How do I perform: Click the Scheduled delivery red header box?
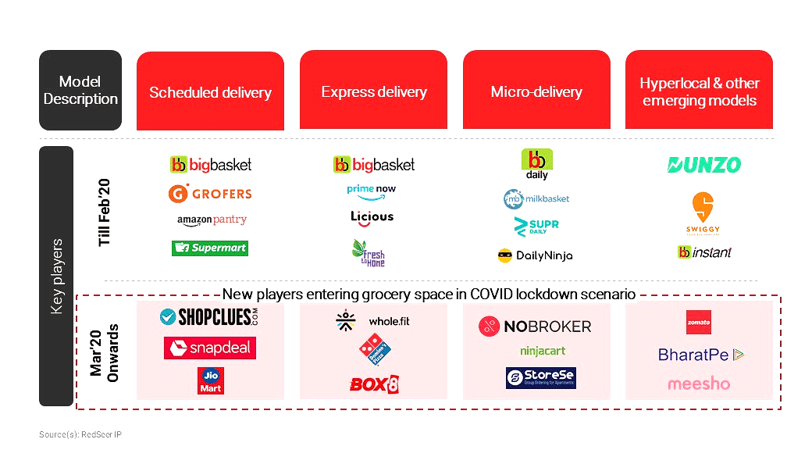tap(210, 91)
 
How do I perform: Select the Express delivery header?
tap(373, 91)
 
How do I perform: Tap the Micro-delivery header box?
tap(536, 91)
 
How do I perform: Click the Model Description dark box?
tap(80, 91)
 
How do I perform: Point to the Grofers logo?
tap(209, 193)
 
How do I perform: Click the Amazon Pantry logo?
tap(212, 220)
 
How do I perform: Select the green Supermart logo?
tap(209, 248)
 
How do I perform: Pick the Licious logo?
tap(372, 216)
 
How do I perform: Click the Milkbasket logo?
tap(536, 199)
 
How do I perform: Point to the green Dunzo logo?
tap(704, 165)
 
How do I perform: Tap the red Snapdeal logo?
tap(209, 348)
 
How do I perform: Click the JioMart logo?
tap(210, 380)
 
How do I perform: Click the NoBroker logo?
tap(535, 326)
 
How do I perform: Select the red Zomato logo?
tap(698, 322)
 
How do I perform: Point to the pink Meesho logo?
tap(699, 384)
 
